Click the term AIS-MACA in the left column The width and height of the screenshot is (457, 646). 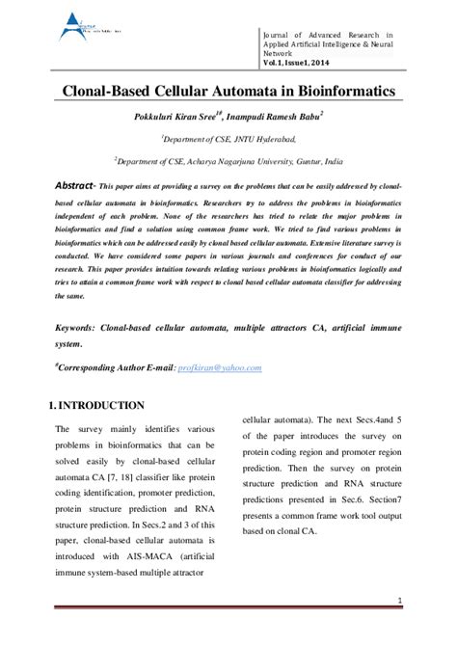[142, 555]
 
